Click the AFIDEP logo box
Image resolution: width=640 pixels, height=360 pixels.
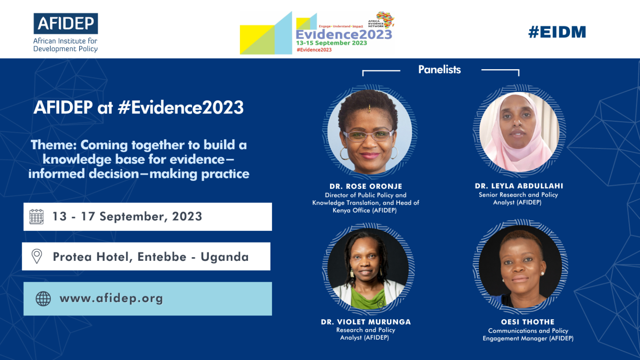(x=66, y=23)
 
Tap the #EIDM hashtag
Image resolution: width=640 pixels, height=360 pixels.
(x=557, y=32)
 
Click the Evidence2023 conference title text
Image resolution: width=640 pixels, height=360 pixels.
(x=344, y=35)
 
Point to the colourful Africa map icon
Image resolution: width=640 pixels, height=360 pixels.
(x=385, y=19)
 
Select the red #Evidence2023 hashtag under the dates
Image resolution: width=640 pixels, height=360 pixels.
(x=314, y=50)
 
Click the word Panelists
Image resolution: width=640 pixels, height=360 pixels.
(x=439, y=70)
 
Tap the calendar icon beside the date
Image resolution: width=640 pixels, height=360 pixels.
(x=37, y=217)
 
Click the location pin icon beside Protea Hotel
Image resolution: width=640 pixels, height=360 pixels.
(x=37, y=256)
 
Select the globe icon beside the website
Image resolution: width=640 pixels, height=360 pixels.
(x=43, y=299)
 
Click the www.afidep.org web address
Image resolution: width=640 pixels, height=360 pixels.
(x=111, y=298)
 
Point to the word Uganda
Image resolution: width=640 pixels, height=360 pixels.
(x=225, y=257)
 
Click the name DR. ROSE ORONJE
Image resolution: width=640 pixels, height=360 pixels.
(x=366, y=186)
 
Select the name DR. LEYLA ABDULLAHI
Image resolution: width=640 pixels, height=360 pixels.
(x=519, y=186)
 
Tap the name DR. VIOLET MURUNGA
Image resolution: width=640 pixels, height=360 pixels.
(x=366, y=322)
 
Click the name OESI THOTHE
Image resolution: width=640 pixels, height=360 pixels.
(x=527, y=322)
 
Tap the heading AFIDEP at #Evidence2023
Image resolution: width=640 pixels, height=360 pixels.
(x=138, y=107)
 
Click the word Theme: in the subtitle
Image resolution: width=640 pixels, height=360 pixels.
(x=54, y=145)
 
